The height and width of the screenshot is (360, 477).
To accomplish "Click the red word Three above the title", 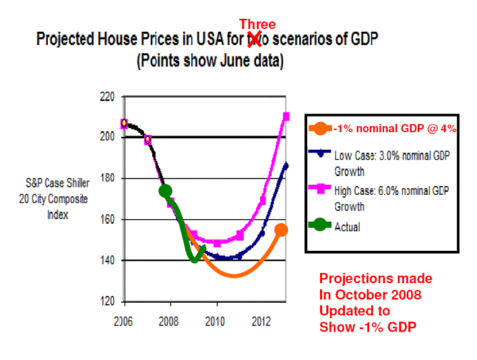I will point(257,24).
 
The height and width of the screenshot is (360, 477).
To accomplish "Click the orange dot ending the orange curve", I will point(281,230).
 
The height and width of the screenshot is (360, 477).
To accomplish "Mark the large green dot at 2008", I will point(165,191).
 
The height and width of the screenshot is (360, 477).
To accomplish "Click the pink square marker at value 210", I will point(286,117).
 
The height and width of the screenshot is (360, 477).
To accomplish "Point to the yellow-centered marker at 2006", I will point(124,123).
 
